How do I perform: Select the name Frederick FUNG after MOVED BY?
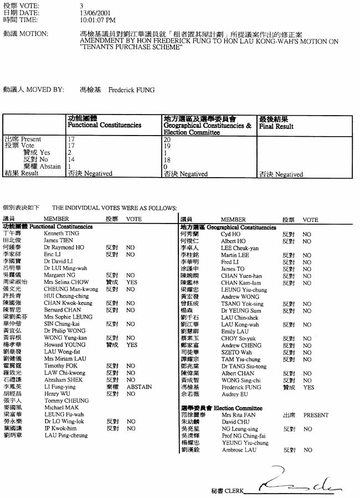click(x=131, y=90)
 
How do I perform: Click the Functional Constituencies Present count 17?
click(x=71, y=139)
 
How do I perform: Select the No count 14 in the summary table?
click(x=71, y=159)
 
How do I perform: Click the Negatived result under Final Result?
click(x=281, y=174)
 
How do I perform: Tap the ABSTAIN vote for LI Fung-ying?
click(x=139, y=387)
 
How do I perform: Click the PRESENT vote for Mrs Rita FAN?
click(x=316, y=414)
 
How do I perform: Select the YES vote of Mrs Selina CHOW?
click(x=132, y=282)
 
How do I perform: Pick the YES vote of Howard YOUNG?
click(x=132, y=344)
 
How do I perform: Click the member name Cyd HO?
click(x=230, y=234)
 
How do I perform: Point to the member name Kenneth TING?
click(x=58, y=234)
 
